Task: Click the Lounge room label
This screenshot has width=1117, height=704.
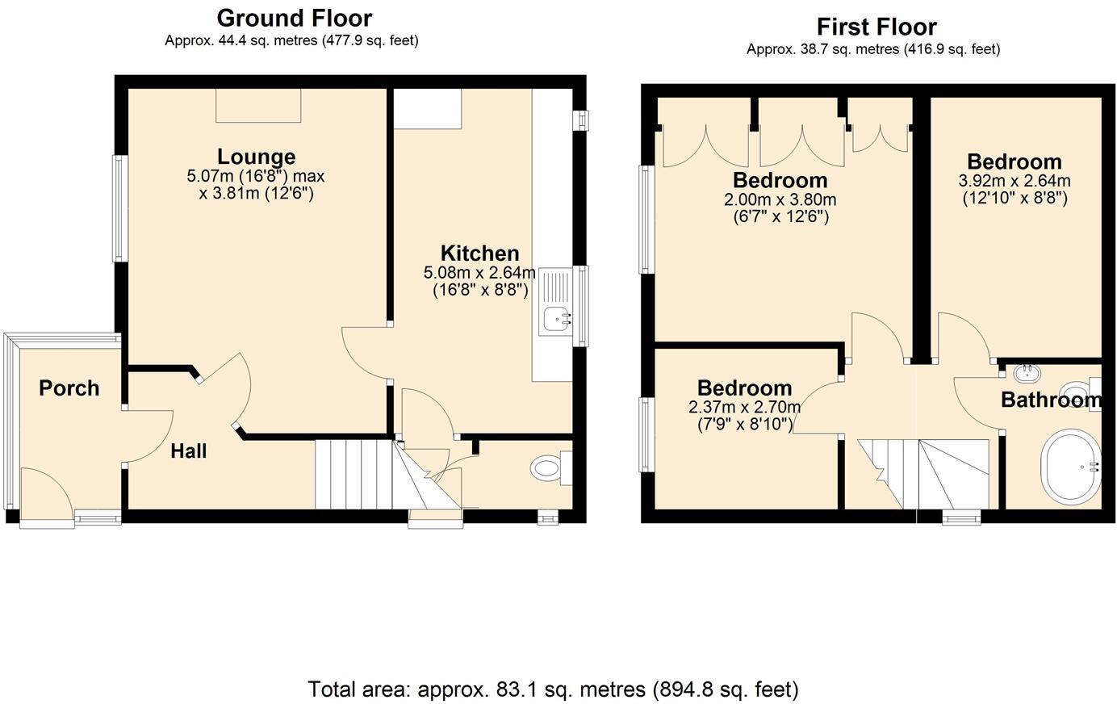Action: (x=256, y=157)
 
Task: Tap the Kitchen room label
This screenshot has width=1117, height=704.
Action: (x=479, y=253)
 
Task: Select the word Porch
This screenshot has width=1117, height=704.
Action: (x=69, y=388)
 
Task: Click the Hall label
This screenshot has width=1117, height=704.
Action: (x=188, y=451)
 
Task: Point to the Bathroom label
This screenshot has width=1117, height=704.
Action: (x=1050, y=400)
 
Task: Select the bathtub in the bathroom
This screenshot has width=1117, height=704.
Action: (x=1071, y=467)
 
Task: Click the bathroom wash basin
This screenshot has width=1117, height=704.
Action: (x=1027, y=373)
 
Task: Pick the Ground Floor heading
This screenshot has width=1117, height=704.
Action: (x=294, y=18)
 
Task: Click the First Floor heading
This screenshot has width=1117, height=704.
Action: (x=876, y=27)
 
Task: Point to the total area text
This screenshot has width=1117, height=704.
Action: (x=553, y=689)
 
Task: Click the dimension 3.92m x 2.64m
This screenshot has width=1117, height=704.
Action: (x=1014, y=181)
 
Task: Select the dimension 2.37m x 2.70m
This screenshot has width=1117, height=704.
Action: (x=744, y=407)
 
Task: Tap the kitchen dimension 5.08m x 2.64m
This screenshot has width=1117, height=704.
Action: (x=479, y=273)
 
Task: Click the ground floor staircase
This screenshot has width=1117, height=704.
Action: (x=355, y=475)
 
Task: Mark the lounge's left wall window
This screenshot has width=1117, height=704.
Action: (x=119, y=208)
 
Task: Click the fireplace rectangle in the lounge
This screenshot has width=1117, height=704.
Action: (x=257, y=105)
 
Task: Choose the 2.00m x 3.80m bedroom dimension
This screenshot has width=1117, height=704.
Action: (x=780, y=199)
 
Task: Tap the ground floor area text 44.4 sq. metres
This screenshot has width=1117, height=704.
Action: (x=291, y=40)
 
